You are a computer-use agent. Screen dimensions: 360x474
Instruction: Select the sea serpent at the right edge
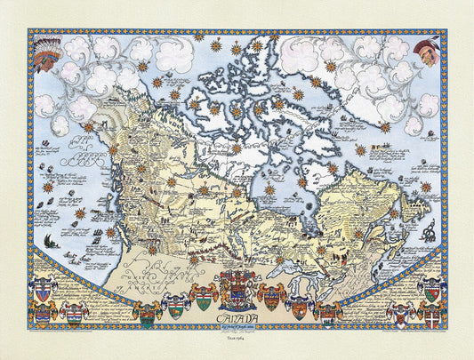coord(430,233)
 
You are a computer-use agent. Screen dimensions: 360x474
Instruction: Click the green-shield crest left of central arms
coord(204,299)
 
